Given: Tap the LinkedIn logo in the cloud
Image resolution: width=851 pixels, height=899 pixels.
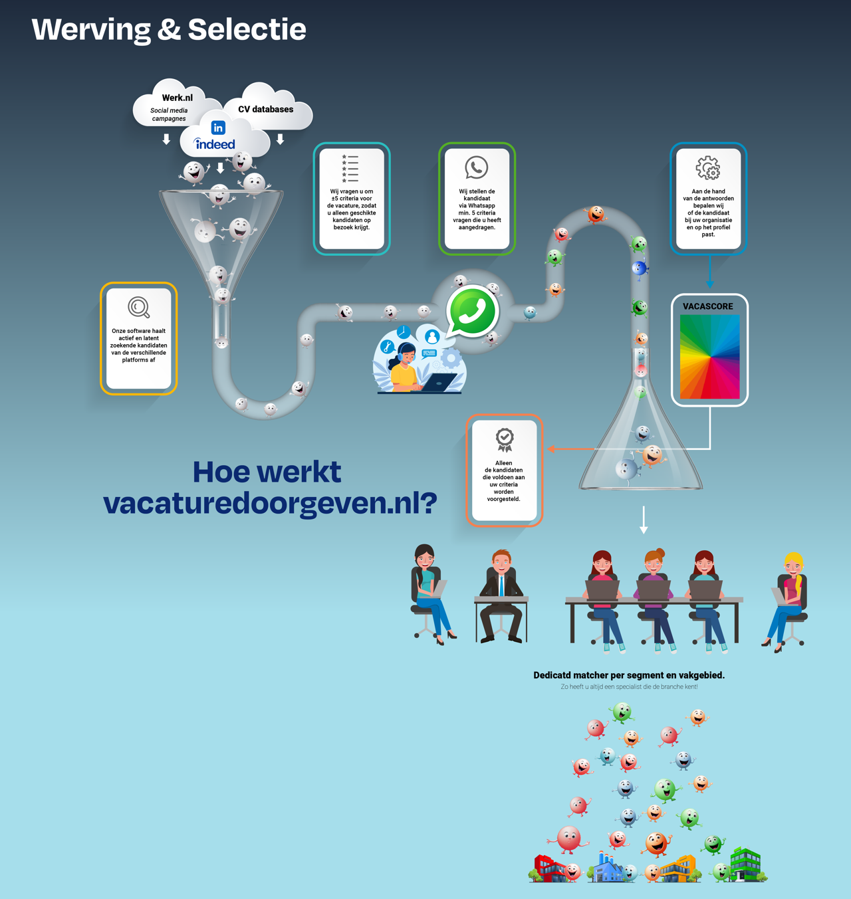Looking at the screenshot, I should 218,128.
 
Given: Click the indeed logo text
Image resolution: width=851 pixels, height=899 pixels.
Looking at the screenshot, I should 215,144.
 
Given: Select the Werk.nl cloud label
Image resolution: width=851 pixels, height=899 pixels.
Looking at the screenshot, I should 177,98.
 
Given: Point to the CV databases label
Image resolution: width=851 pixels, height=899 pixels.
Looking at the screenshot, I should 265,109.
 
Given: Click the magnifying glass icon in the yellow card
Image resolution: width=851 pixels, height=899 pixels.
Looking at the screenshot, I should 139,307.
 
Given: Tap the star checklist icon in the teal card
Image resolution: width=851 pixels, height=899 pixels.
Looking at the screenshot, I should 350,168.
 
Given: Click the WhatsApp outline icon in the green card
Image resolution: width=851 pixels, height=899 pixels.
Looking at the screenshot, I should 476,167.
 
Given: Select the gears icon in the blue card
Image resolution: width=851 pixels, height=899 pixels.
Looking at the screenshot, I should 708,168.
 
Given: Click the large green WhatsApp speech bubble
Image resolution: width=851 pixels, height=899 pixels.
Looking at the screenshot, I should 472,310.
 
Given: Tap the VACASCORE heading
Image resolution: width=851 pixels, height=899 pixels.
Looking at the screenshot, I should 708,306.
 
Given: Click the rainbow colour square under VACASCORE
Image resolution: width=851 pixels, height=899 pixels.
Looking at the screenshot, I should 709,357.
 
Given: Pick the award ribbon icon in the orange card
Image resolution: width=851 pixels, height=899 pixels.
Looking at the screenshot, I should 505,439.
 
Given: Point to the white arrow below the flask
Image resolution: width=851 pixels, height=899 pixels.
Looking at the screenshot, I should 644,520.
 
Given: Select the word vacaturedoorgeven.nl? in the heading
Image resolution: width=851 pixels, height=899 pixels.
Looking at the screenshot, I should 270,503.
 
